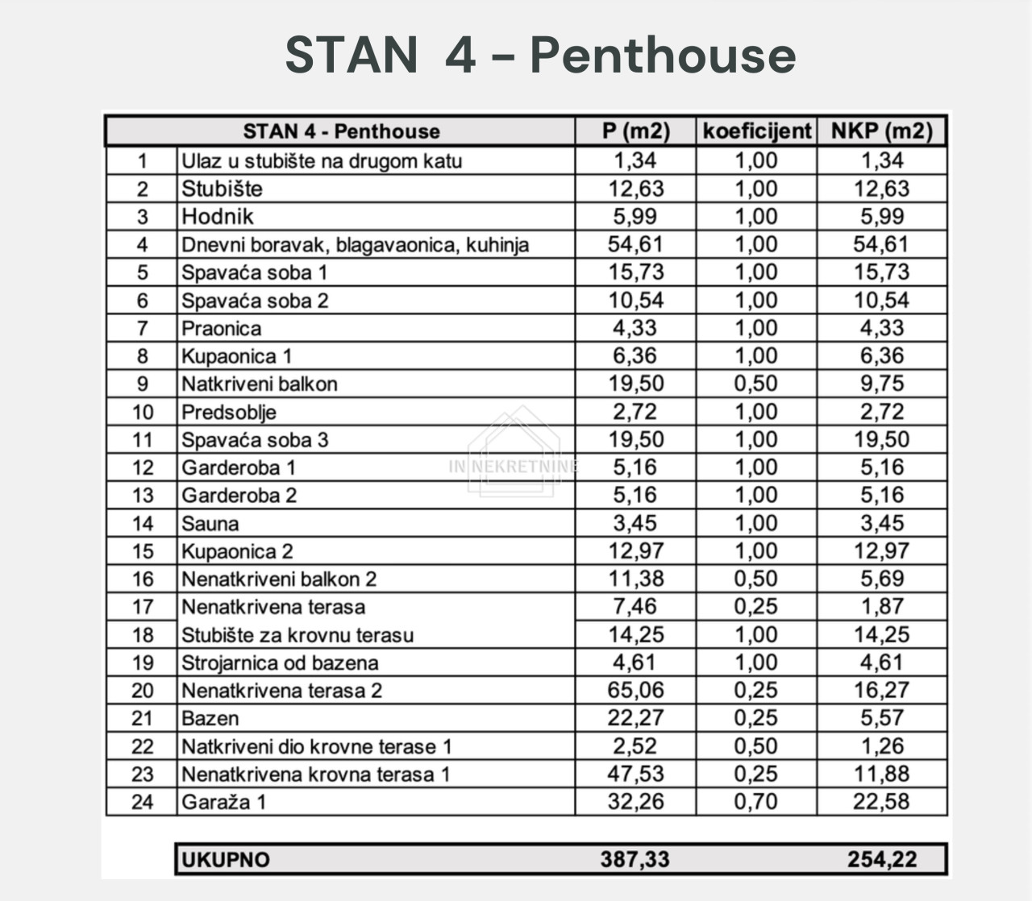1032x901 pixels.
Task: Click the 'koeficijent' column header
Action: (756, 131)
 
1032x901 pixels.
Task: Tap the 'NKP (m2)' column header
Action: (882, 131)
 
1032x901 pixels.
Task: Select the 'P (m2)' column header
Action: (635, 131)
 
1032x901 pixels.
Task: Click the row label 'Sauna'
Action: (210, 524)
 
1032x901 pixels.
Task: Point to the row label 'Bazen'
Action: (210, 719)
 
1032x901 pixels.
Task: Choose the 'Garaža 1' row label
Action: (223, 803)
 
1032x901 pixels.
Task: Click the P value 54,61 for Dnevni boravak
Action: (635, 244)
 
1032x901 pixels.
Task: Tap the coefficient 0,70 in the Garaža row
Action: (755, 802)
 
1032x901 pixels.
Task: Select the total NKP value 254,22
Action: (882, 859)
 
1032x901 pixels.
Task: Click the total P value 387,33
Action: (635, 859)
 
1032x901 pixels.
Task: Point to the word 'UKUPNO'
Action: (225, 860)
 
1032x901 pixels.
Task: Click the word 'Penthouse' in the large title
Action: (663, 56)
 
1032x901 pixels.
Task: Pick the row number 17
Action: (142, 608)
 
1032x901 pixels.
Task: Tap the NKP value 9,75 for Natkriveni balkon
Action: (882, 384)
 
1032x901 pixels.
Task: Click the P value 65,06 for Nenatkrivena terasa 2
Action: (635, 691)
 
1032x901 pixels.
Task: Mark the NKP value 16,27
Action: (882, 691)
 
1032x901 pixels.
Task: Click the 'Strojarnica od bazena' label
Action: (279, 663)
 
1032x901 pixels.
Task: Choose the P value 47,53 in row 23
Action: (635, 774)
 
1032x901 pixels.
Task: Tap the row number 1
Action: (142, 161)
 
